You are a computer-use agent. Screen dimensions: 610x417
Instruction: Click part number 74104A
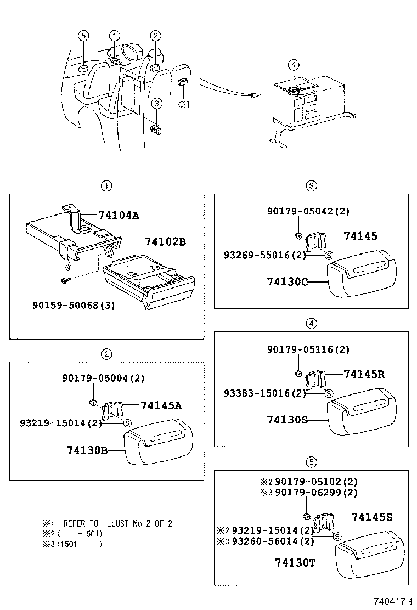[x=119, y=215]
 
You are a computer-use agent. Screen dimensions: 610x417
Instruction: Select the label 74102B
[x=166, y=241]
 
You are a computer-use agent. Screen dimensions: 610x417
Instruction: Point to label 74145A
[x=161, y=405]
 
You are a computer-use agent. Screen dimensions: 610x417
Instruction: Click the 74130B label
[x=86, y=450]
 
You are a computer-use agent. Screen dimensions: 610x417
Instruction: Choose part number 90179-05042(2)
[x=308, y=211]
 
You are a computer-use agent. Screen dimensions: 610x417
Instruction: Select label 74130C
[x=288, y=281]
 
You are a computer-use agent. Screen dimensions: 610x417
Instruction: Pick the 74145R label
[x=364, y=374]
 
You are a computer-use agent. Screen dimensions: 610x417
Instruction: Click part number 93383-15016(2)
[x=264, y=393]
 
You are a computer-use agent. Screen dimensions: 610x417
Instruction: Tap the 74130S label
[x=287, y=420]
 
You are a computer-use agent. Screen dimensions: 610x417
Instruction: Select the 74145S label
[x=372, y=517]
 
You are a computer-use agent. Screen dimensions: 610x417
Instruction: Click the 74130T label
[x=295, y=562]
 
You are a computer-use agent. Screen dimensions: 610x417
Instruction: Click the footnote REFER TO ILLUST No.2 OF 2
[x=118, y=523]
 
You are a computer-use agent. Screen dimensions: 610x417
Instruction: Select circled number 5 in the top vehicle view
[x=83, y=36]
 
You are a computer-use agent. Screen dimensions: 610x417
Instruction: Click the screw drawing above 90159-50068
[x=65, y=280]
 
